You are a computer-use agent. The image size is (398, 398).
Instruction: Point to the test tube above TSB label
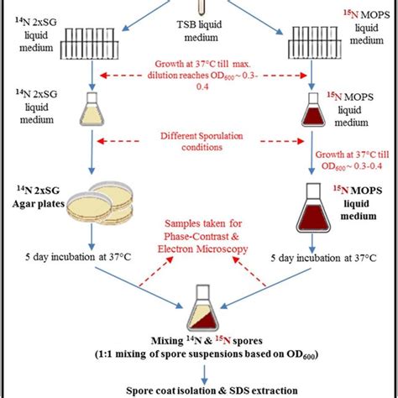point(199,8)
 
